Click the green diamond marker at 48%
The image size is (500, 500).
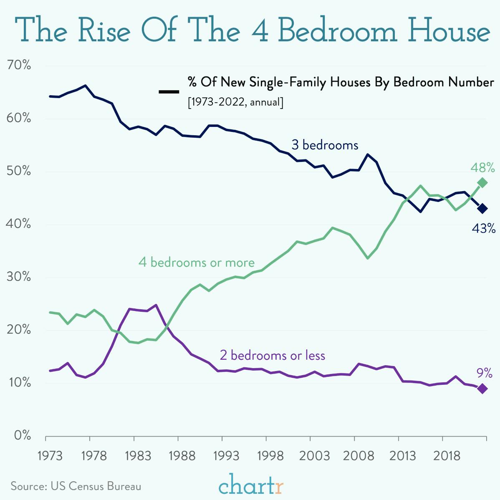[x=482, y=183]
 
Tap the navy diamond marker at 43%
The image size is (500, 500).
[x=482, y=208]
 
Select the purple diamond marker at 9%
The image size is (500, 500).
[x=482, y=389]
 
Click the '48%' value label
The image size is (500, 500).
[x=482, y=168]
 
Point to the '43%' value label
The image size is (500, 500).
[x=483, y=228]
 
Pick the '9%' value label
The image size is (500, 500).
[x=484, y=372]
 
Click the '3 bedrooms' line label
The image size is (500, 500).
[x=325, y=145]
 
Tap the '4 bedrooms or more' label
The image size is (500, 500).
[x=196, y=263]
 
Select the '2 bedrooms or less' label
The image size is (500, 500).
[x=272, y=355]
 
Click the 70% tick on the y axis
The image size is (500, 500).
[x=19, y=65]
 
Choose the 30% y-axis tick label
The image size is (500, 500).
[x=19, y=277]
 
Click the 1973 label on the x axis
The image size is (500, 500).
[x=50, y=455]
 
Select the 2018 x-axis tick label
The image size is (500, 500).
[x=446, y=455]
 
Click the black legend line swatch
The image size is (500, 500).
[x=169, y=91]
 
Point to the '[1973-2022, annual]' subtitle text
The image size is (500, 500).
[x=235, y=102]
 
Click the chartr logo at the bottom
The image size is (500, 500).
[x=251, y=485]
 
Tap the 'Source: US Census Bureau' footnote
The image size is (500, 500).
[x=76, y=486]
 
